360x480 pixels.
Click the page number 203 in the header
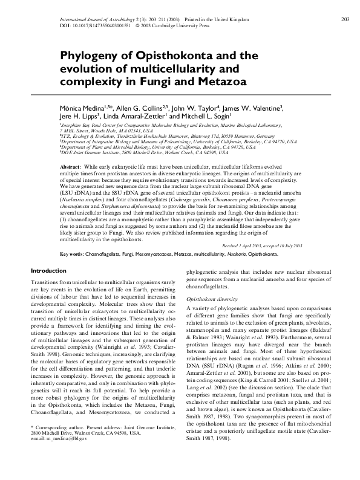345,20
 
